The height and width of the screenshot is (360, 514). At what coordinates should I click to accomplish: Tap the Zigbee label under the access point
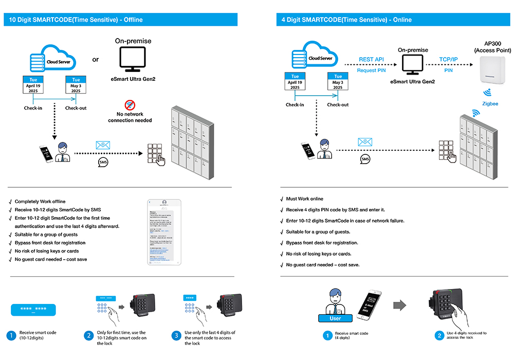coord(489,103)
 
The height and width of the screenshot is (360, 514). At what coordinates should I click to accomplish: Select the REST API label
coord(372,60)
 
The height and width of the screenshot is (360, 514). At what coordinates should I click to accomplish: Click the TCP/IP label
coord(449,60)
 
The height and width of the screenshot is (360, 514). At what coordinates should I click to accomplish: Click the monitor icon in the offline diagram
coord(133,59)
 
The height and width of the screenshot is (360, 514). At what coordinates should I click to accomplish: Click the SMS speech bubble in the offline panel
coord(103,163)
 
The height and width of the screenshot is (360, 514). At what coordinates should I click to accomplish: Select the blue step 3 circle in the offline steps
coord(176,336)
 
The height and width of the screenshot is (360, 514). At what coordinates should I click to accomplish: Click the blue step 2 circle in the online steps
coord(439,336)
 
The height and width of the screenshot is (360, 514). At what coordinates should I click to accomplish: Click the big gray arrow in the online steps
coord(400,305)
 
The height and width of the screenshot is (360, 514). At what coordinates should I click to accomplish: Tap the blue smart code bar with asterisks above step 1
coord(33,310)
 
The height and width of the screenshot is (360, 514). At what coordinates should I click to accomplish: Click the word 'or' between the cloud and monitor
coord(95,60)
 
